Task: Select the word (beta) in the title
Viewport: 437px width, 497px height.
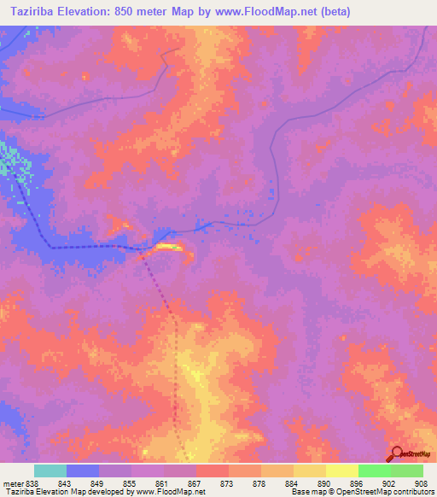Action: pyautogui.click(x=332, y=12)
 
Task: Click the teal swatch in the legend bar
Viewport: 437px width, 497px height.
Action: pyautogui.click(x=50, y=471)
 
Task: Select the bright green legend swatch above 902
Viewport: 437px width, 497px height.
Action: pyautogui.click(x=375, y=471)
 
